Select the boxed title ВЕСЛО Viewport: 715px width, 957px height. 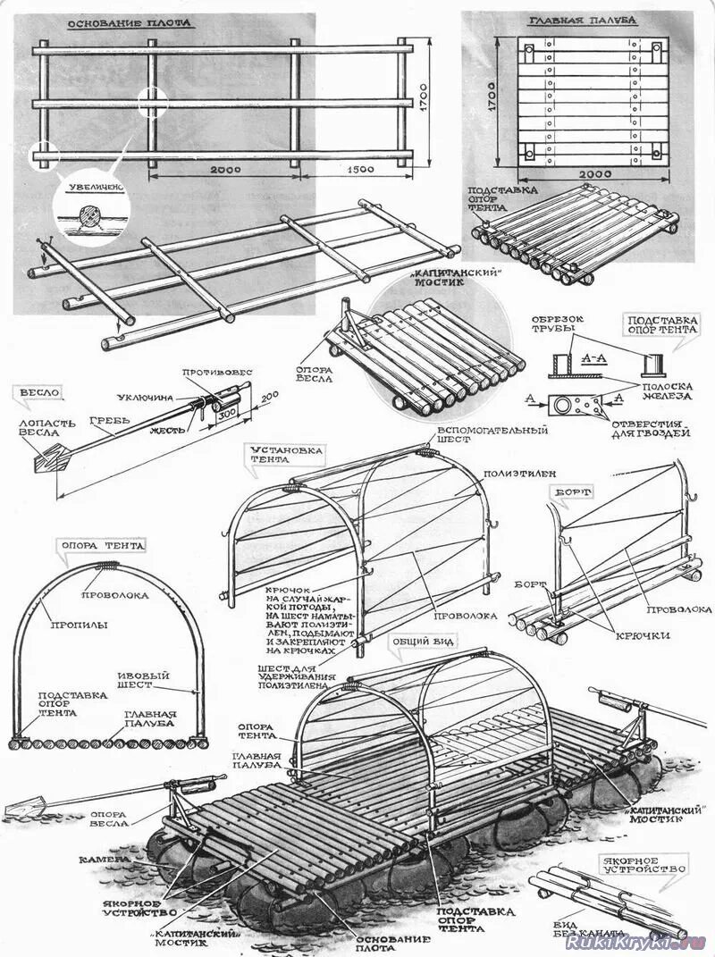(38, 391)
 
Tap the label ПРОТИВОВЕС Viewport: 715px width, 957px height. (217, 372)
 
